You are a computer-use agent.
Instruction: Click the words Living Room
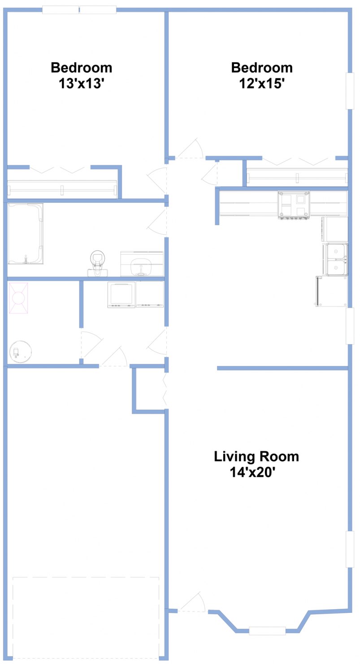coord(256,456)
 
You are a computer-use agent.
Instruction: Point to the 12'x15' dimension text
coord(262,83)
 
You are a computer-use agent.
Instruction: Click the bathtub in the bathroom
coord(26,234)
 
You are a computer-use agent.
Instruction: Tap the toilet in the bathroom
coord(97,262)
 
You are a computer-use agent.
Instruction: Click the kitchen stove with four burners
coord(294,205)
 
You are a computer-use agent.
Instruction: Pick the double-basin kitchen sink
coord(336,259)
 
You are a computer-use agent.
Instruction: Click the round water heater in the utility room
coord(20,352)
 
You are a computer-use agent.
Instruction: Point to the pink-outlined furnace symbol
coord(18,298)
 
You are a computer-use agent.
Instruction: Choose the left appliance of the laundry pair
coord(121,294)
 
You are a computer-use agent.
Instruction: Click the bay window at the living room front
coord(267,630)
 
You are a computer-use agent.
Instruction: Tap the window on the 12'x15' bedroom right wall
coord(350,91)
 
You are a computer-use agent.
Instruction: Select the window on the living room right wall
coord(350,550)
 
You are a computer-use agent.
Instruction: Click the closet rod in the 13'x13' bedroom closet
coord(62,188)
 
